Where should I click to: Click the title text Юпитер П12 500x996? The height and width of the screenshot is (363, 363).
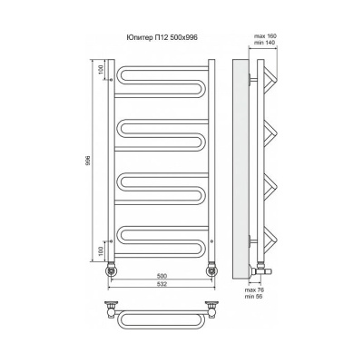point(162,37)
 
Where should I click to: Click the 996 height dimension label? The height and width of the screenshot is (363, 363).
point(88,160)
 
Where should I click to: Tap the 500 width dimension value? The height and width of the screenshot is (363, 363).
point(162,276)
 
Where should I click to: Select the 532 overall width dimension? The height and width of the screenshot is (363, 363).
point(162,284)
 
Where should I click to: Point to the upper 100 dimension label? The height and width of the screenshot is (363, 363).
point(101,70)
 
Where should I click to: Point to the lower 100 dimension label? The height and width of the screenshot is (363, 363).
point(101,250)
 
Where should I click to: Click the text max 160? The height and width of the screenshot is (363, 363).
point(265,36)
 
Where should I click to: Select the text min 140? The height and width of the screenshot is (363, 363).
point(265,43)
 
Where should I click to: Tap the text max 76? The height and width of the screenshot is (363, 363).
point(253,289)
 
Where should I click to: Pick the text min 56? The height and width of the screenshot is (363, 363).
point(253,297)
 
